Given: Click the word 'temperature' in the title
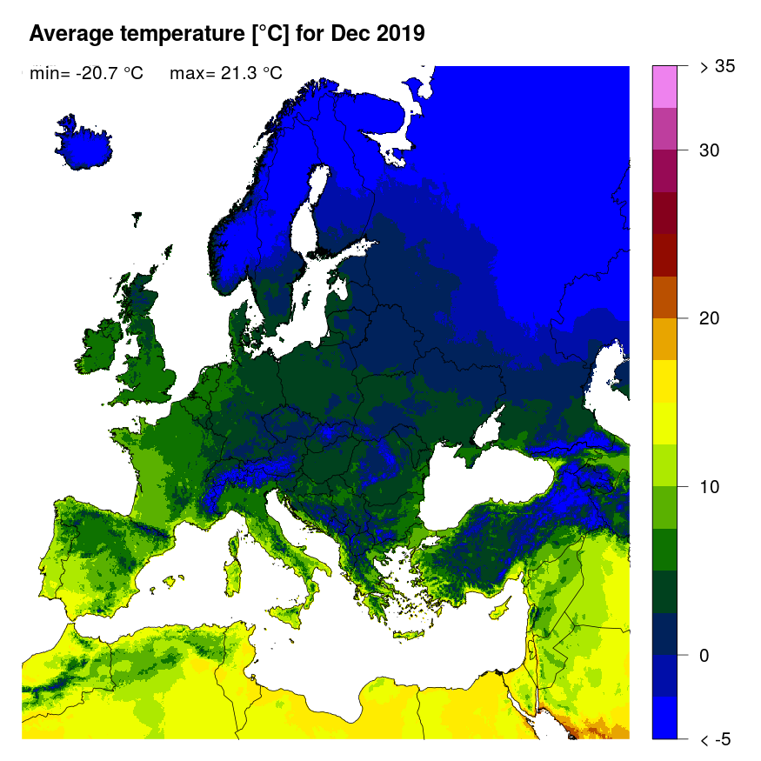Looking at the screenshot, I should pos(173,34).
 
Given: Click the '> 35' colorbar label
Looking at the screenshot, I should pos(718,67).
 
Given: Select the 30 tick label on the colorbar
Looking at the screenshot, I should pos(710,150).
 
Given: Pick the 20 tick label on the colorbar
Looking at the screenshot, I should pos(710,318).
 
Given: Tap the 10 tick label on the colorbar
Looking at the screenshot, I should pos(710,486).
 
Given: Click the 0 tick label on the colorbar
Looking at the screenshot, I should pos(704,655).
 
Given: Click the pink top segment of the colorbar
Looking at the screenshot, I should pos(664,86).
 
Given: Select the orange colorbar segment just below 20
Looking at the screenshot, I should pos(664,339).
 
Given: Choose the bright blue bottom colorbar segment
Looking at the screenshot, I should pos(664,718).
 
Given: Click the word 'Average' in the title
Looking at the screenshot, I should pos(69,34).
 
